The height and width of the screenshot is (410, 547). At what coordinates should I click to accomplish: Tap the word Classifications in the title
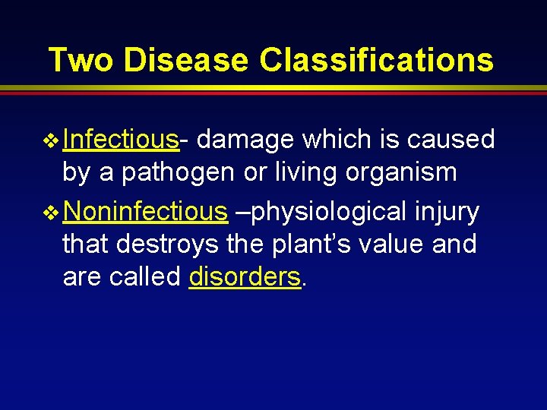pyautogui.click(x=376, y=60)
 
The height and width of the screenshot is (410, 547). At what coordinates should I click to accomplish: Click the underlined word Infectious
pyautogui.click(x=122, y=140)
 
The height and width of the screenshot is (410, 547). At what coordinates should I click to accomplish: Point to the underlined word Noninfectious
pyautogui.click(x=145, y=212)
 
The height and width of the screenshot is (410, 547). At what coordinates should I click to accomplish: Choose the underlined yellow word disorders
pyautogui.click(x=245, y=277)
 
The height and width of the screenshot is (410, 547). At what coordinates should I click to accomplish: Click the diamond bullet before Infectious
pyautogui.click(x=52, y=140)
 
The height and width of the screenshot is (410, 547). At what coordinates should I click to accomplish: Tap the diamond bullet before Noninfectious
pyautogui.click(x=52, y=213)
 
